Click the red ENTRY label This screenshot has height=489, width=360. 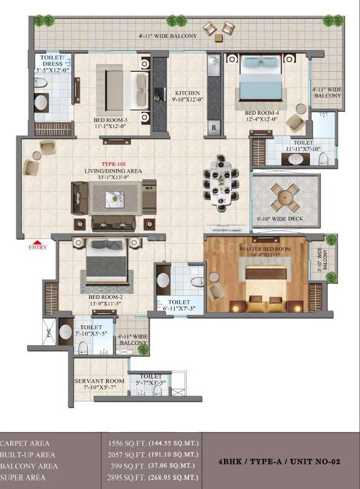(38, 246)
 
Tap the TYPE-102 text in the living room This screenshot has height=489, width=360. (113, 164)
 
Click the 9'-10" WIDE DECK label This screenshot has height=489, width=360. (280, 219)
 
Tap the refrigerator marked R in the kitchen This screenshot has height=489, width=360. (213, 129)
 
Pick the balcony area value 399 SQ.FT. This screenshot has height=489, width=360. (121, 465)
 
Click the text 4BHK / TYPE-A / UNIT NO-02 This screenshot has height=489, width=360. (279, 461)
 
